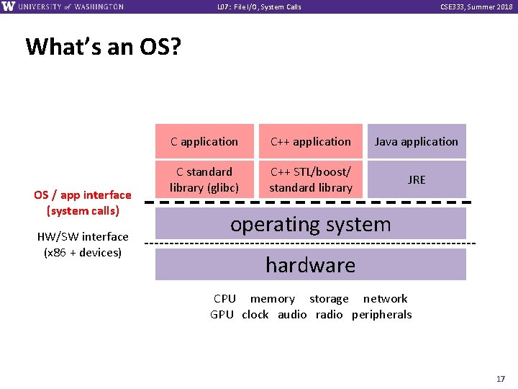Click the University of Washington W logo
(x=9, y=6)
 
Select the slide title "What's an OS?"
(x=104, y=47)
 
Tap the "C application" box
(x=204, y=142)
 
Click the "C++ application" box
(x=311, y=142)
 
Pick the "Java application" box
(x=417, y=142)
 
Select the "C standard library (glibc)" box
(x=204, y=179)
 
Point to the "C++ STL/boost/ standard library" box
(x=311, y=179)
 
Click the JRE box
(x=417, y=179)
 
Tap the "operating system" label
(x=311, y=224)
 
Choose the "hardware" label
(x=311, y=265)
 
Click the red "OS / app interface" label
(x=83, y=194)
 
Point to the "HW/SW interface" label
(x=83, y=236)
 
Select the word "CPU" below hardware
(x=224, y=298)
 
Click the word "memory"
(x=273, y=298)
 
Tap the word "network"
(x=385, y=298)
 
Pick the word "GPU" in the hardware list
(x=222, y=314)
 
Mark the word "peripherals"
(x=382, y=314)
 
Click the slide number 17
(x=500, y=378)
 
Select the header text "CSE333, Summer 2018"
(x=476, y=7)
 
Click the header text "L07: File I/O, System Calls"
(x=259, y=7)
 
